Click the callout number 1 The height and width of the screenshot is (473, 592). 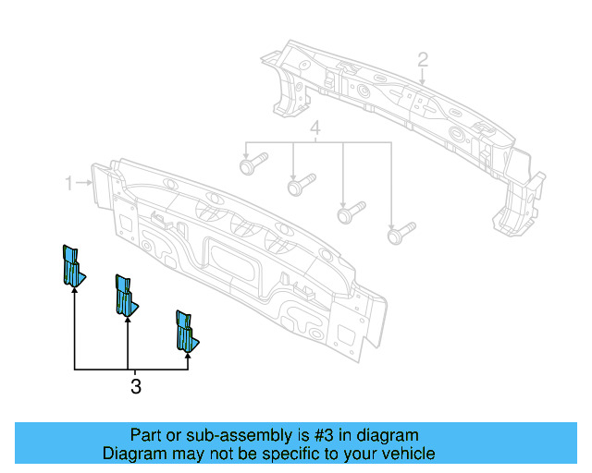pyautogui.click(x=69, y=184)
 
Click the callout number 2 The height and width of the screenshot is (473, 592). pyautogui.click(x=422, y=60)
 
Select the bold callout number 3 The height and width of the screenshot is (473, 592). pyautogui.click(x=136, y=387)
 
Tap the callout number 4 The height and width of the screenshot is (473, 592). pyautogui.click(x=315, y=128)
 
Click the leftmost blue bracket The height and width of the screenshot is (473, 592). pyautogui.click(x=71, y=267)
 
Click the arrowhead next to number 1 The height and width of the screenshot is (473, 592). pyautogui.click(x=91, y=184)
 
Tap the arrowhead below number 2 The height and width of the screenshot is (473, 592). pyautogui.click(x=421, y=81)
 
